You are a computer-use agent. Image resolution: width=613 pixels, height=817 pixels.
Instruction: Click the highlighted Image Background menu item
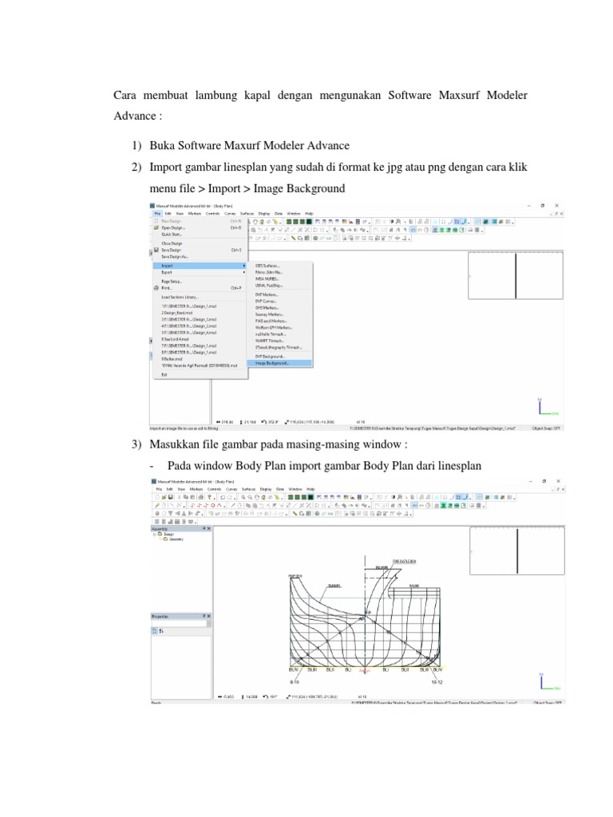pyautogui.click(x=273, y=363)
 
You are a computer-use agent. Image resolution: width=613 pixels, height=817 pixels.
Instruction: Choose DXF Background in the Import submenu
pyautogui.click(x=269, y=356)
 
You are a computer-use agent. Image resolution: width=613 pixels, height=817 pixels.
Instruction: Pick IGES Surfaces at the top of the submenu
pyautogui.click(x=267, y=265)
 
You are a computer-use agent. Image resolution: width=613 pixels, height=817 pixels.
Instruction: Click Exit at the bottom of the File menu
pyautogui.click(x=164, y=373)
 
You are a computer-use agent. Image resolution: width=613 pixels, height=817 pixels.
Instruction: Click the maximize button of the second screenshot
pyautogui.click(x=543, y=481)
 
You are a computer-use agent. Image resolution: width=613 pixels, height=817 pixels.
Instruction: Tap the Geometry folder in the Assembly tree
pyautogui.click(x=176, y=539)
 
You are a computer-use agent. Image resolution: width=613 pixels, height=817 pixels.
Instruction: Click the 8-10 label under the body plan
pyautogui.click(x=293, y=682)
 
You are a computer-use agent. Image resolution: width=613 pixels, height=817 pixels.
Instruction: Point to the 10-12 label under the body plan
pyautogui.click(x=436, y=682)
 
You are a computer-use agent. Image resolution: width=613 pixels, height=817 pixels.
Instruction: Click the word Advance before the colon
pyautogui.click(x=133, y=115)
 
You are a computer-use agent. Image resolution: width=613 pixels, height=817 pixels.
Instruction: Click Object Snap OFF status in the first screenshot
pyautogui.click(x=546, y=427)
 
